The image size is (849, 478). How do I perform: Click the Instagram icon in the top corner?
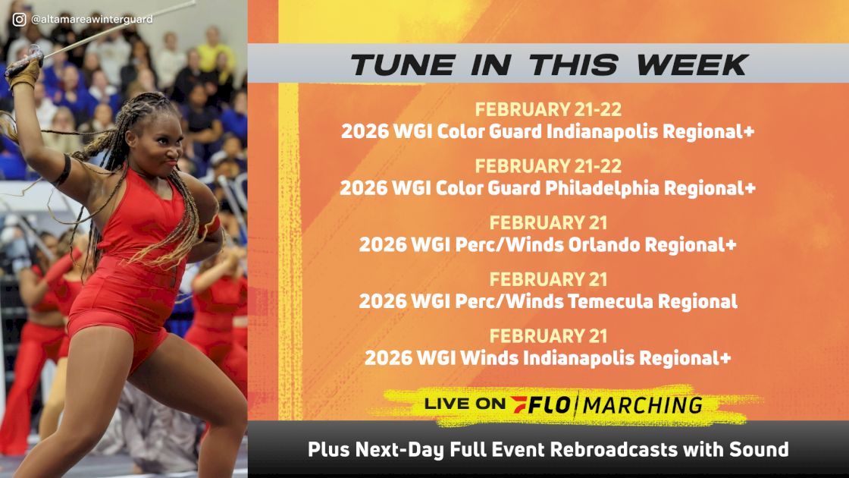click(19, 19)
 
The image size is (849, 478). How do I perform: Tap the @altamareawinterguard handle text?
click(92, 19)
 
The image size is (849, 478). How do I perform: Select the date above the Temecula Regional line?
click(548, 279)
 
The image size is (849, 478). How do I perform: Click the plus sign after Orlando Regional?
click(731, 244)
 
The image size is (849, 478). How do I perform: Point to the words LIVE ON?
click(464, 405)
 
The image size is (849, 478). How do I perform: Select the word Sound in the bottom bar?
click(763, 449)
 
